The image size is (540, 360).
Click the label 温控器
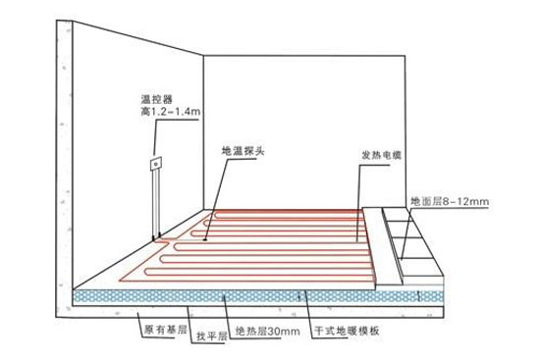[x=155, y=99]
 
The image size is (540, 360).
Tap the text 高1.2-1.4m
[x=168, y=113]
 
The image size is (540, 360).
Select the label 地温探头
[x=245, y=153]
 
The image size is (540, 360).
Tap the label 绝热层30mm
[x=265, y=334]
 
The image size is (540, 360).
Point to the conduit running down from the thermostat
[x=154, y=201]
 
